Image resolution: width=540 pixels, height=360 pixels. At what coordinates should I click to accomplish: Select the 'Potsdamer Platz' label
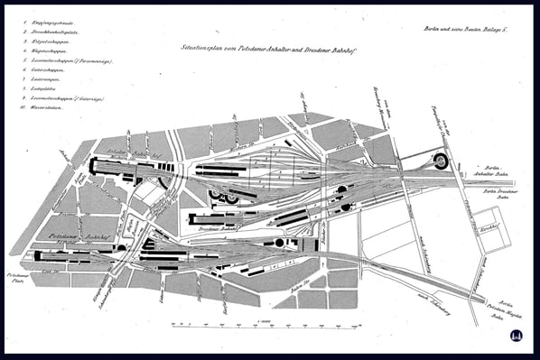tap(17, 273)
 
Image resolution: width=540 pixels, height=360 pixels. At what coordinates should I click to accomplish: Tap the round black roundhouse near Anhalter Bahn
tap(442, 161)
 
